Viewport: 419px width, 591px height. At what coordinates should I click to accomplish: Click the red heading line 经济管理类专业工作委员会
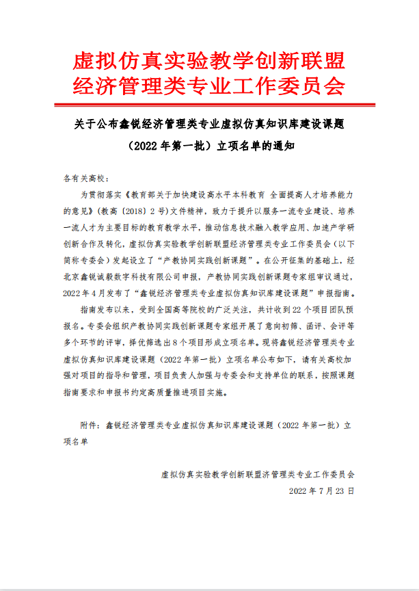tap(209, 86)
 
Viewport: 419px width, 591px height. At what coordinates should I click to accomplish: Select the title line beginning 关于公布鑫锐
tap(209, 124)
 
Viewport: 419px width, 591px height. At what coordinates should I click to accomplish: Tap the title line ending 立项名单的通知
tap(209, 145)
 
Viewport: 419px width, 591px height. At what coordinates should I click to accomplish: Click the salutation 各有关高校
tap(81, 178)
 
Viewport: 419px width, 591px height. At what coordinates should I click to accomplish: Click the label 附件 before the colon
tap(89, 425)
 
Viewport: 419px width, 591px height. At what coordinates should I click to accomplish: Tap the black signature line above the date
tap(258, 473)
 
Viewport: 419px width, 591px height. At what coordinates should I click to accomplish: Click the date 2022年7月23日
tap(322, 490)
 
